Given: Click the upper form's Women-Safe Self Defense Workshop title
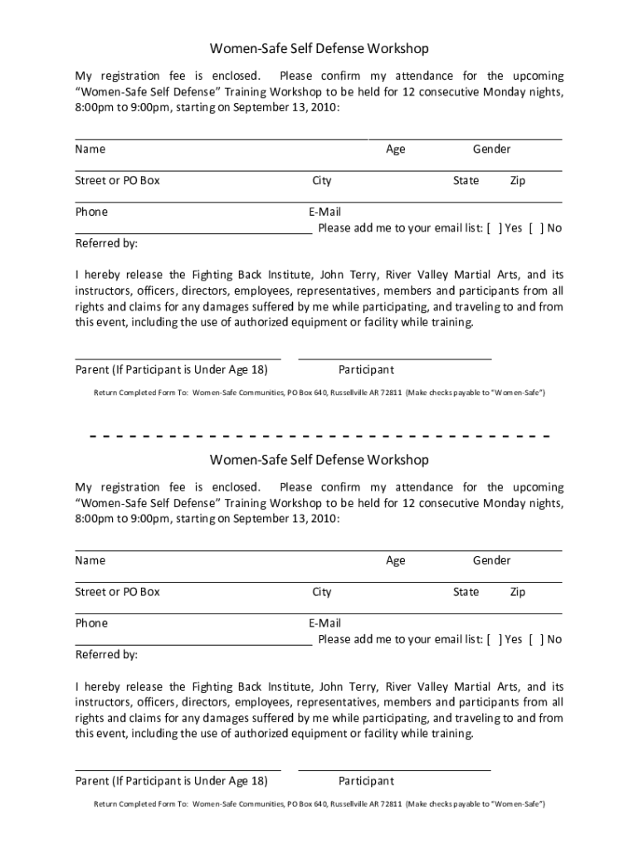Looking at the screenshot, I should (319, 49).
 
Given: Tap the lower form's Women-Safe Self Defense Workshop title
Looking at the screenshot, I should (319, 460).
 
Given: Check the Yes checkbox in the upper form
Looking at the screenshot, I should (495, 228).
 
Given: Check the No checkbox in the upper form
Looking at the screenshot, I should (535, 228).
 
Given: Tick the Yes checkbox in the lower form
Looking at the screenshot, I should (495, 639).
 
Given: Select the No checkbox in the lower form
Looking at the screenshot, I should (535, 639).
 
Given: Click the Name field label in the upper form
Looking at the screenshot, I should (90, 149).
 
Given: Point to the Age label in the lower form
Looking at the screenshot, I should (396, 560).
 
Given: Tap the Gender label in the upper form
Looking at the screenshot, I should (491, 149).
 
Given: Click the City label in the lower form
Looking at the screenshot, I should (321, 592).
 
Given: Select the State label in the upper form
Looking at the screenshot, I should (466, 181).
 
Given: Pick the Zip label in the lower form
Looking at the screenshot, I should (517, 592).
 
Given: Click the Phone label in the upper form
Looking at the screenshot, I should (91, 212).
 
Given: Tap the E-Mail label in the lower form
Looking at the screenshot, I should (324, 623).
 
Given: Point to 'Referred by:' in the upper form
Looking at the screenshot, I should (106, 244).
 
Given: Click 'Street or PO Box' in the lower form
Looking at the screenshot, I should (117, 592).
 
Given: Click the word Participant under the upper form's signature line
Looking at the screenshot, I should (366, 370).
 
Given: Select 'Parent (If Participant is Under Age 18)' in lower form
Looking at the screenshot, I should (171, 781).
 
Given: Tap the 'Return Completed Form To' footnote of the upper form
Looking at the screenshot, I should (319, 393).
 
